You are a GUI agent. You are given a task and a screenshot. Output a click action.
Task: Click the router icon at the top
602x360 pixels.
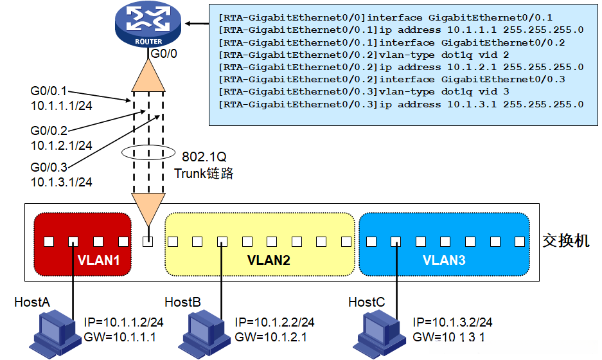click(148, 24)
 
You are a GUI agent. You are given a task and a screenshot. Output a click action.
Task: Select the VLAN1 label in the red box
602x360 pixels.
click(98, 261)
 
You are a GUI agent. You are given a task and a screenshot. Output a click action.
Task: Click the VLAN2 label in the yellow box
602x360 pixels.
click(269, 261)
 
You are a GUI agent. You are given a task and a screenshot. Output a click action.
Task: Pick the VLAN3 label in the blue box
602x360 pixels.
click(444, 261)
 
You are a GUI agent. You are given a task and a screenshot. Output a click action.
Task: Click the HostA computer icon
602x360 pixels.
click(55, 331)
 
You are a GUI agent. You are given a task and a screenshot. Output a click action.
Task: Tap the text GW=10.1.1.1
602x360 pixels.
click(120, 336)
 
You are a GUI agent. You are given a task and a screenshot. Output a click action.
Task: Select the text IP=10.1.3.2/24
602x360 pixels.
click(453, 322)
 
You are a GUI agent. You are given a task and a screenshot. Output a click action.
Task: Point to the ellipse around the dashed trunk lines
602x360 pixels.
click(148, 154)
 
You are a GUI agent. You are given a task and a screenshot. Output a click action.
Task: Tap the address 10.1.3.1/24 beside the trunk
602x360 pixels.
click(61, 182)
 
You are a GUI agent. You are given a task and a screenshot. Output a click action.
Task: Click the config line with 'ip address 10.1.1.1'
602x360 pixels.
click(401, 30)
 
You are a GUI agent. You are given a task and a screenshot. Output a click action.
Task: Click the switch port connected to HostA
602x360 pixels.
click(73, 242)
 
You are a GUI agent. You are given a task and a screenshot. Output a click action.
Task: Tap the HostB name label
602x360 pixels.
click(182, 302)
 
